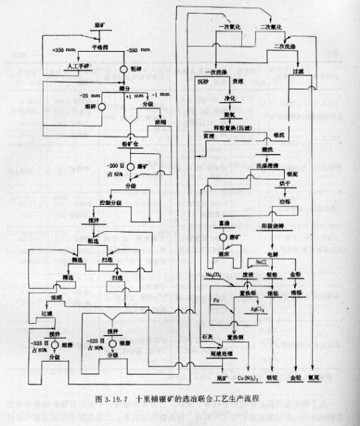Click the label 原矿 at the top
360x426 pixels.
point(99,25)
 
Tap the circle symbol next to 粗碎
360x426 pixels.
point(124,69)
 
